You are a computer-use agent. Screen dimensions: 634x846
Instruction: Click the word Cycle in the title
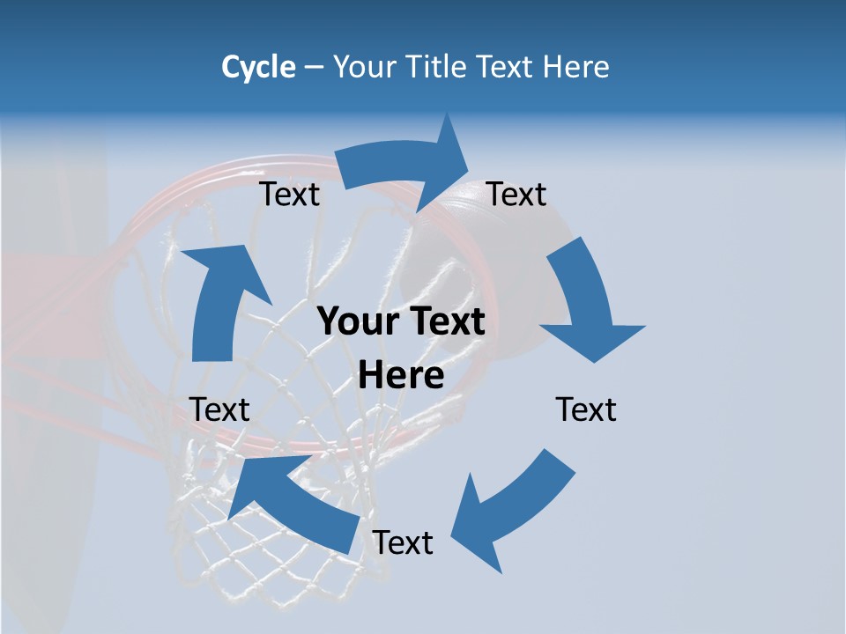(258, 67)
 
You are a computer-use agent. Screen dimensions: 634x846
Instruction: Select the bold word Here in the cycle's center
(401, 376)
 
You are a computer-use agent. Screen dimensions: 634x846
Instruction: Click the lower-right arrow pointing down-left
(511, 511)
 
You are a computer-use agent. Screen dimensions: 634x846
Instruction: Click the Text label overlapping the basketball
(516, 194)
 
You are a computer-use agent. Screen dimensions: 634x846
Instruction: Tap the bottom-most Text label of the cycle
(403, 543)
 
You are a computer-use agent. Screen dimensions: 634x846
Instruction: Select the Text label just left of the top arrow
(289, 195)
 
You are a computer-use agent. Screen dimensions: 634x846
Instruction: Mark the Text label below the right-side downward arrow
(586, 409)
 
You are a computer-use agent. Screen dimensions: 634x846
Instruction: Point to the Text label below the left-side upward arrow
(219, 409)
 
